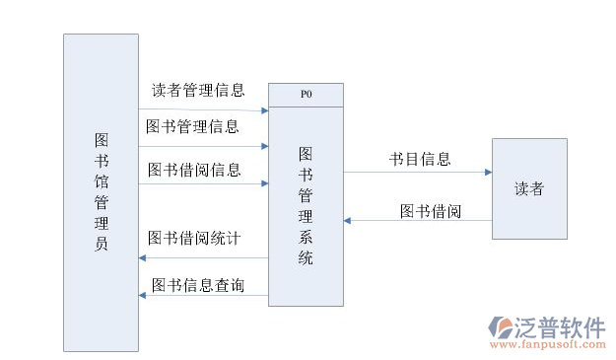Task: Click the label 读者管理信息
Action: click(198, 91)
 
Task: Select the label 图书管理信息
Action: click(192, 126)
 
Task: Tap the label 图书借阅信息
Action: click(194, 170)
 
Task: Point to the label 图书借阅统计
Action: click(194, 238)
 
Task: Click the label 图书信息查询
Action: click(198, 286)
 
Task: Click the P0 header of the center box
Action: click(307, 95)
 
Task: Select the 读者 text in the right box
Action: click(529, 188)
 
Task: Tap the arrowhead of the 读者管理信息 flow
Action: click(264, 110)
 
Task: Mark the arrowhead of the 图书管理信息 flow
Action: click(264, 146)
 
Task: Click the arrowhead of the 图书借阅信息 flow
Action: click(264, 183)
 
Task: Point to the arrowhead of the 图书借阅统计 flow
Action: click(144, 257)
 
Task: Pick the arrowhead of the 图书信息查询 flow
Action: click(144, 295)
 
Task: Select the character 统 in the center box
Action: click(306, 257)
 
